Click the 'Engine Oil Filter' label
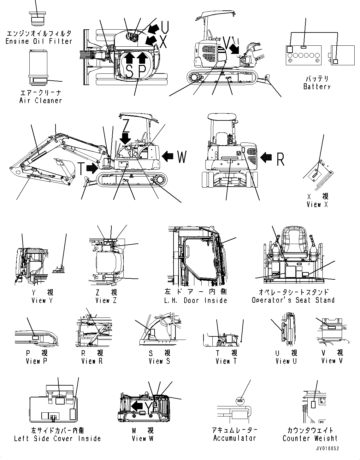[x=39, y=41]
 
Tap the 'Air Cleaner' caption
[x=40, y=101]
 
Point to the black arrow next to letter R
[x=266, y=157]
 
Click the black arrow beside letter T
[x=92, y=168]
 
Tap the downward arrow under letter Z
[x=126, y=137]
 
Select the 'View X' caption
[x=317, y=205]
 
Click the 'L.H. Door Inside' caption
[x=196, y=300]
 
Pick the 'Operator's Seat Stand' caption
[x=293, y=300]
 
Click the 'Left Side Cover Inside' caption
[x=57, y=439]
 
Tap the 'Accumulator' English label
[x=234, y=438]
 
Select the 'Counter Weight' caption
[x=310, y=438]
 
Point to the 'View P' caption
[x=37, y=361]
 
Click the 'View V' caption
[x=332, y=361]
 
